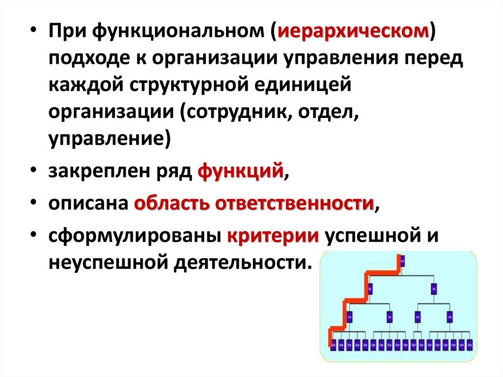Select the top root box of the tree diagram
pos(402,261)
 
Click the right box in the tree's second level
pos(433,289)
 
